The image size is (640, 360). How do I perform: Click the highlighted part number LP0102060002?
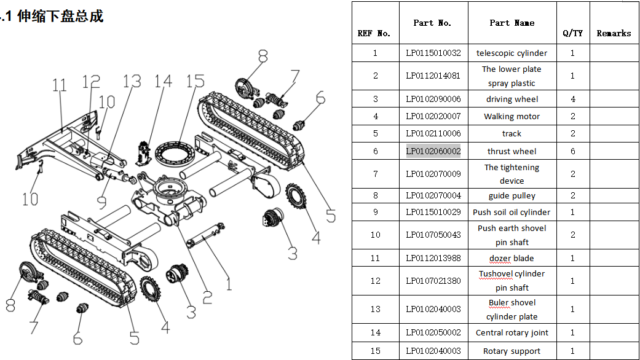[433, 151]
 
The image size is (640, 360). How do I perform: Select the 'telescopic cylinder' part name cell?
[512, 53]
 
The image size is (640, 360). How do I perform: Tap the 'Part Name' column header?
[512, 23]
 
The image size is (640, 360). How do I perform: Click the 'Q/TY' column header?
[572, 33]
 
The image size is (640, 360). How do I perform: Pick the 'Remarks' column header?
[614, 33]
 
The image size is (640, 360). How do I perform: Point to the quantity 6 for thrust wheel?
[572, 151]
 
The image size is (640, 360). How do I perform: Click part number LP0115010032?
[433, 53]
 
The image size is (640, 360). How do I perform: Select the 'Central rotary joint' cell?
[512, 333]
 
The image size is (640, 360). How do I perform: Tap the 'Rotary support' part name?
[512, 351]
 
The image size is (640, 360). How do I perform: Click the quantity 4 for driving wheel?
[572, 99]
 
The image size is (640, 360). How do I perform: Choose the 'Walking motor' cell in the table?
[512, 116]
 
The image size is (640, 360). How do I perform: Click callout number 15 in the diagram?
[195, 81]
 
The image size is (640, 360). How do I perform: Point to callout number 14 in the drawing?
[163, 81]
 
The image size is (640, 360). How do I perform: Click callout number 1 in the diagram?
[229, 283]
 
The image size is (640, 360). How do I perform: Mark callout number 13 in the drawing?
[131, 81]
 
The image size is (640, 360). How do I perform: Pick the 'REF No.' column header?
[374, 33]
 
